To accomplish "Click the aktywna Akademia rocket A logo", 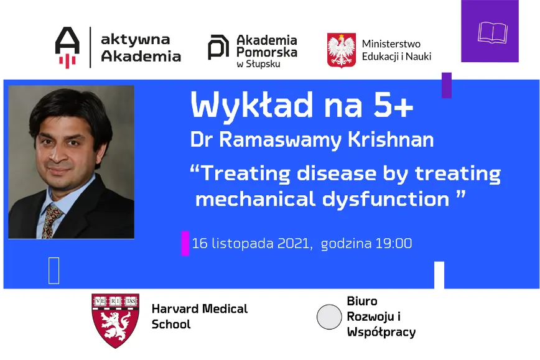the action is (67, 47).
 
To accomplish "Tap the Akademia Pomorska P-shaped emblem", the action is (218, 47).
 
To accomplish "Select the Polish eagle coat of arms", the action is (342, 50).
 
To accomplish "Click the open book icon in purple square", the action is (493, 33).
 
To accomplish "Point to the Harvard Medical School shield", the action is (115, 320).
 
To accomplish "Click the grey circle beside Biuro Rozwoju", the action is (329, 316).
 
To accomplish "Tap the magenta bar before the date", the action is (185, 243).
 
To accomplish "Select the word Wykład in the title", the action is (252, 105).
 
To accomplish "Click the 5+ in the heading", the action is (394, 105).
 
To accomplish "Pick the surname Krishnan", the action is (391, 140).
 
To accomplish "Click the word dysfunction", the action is (386, 200).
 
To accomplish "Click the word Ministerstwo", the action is (391, 44).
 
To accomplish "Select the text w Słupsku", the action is (258, 64).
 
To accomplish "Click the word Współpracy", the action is (381, 332).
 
